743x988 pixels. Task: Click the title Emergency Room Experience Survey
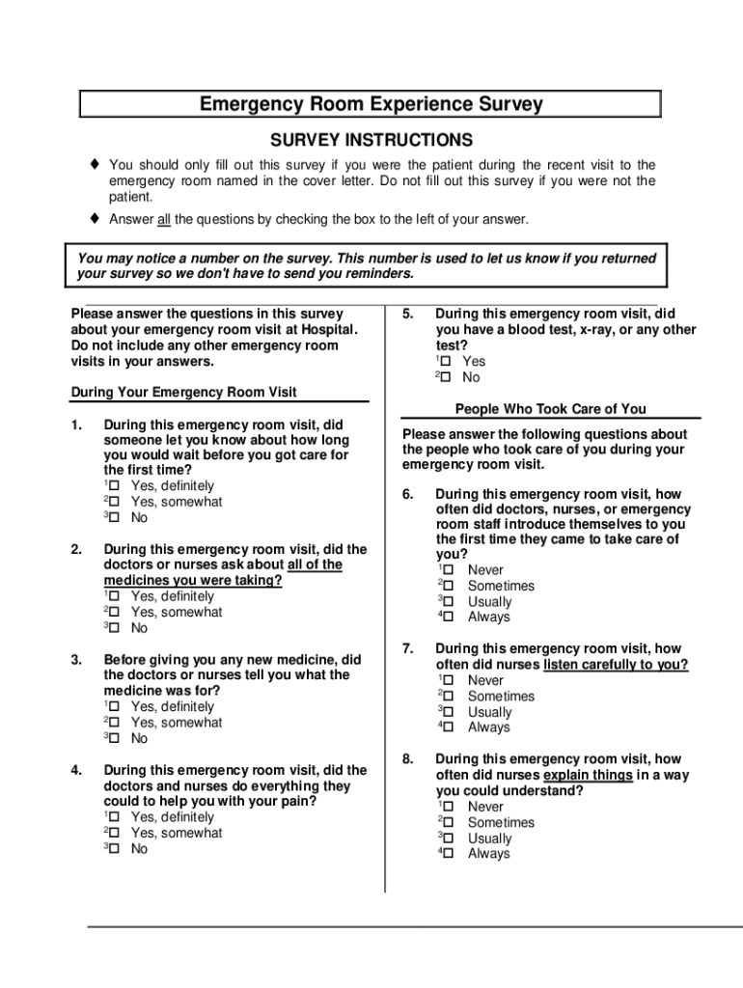point(371,104)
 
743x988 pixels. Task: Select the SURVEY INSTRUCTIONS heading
point(371,140)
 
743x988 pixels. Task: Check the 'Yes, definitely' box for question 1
point(114,486)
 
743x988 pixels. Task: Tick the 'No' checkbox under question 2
point(114,628)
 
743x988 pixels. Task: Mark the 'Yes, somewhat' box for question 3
point(114,723)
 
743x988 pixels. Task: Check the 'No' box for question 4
point(114,849)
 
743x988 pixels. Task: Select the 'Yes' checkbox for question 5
point(446,362)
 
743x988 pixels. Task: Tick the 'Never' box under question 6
point(446,570)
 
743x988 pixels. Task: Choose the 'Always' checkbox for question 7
point(446,727)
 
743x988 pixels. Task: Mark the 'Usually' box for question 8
point(446,838)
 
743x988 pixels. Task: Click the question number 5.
point(408,314)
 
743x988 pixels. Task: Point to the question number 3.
point(76,660)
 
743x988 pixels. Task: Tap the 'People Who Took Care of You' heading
point(551,409)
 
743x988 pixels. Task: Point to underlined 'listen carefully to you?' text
point(616,665)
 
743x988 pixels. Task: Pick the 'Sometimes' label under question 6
point(501,586)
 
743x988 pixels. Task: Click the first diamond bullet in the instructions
point(95,165)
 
